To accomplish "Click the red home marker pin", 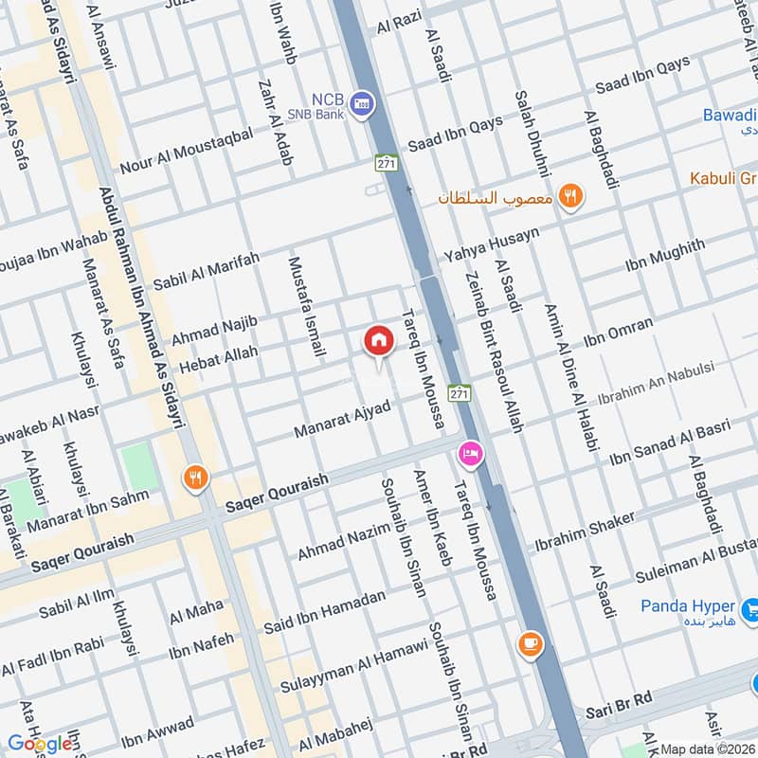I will pos(377,341).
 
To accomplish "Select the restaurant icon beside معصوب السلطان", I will pos(569,197).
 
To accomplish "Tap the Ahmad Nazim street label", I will pos(344,540).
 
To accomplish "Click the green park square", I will pos(139,466).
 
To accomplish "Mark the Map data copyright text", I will pos(707,749).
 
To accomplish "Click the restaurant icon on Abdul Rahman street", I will pos(196,478).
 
